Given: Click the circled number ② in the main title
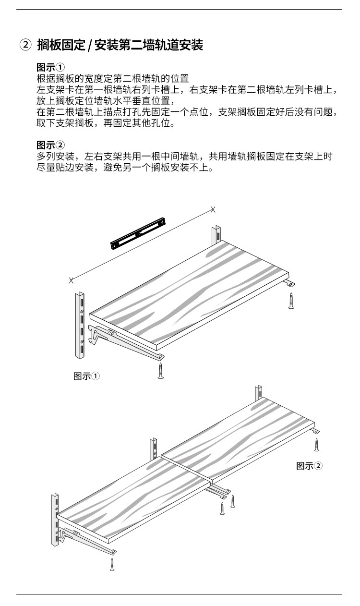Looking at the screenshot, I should click(25, 46).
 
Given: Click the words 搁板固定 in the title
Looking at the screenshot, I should click(60, 46).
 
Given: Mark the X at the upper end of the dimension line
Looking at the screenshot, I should click(213, 209).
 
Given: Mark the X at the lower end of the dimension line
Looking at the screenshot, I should click(71, 279).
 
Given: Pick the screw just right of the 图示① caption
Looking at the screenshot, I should click(161, 371).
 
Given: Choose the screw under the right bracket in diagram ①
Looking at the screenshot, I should click(291, 300).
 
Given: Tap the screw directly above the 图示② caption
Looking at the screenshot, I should click(316, 444).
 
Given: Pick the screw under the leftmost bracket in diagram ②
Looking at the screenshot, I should click(112, 564).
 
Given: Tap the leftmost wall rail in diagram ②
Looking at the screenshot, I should click(55, 519).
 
